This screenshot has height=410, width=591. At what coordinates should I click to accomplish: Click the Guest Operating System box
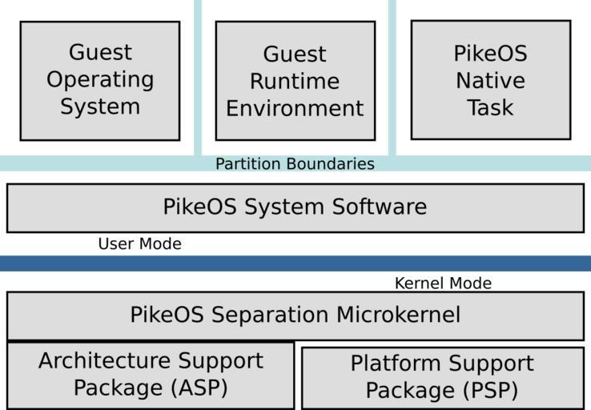pyautogui.click(x=99, y=80)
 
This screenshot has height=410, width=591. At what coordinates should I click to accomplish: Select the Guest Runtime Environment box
pyautogui.click(x=295, y=80)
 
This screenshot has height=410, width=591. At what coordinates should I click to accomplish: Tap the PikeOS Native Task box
pyautogui.click(x=490, y=80)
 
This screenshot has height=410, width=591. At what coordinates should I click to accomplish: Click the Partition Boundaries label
pyautogui.click(x=295, y=164)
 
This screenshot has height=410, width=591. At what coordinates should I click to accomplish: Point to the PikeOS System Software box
pyautogui.click(x=295, y=207)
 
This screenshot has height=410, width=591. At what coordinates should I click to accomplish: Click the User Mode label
pyautogui.click(x=139, y=243)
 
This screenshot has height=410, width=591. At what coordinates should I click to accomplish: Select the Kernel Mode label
pyautogui.click(x=443, y=283)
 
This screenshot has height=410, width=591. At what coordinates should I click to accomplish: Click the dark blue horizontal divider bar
pyautogui.click(x=295, y=263)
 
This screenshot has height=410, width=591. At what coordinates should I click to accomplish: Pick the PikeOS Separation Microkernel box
pyautogui.click(x=295, y=316)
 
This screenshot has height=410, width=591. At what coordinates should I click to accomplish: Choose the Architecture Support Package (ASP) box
pyautogui.click(x=151, y=375)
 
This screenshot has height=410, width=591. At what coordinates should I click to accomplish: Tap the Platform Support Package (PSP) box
pyautogui.click(x=442, y=377)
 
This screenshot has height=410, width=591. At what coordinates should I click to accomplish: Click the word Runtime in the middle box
pyautogui.click(x=295, y=81)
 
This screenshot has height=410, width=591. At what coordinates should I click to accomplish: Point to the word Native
pyautogui.click(x=490, y=81)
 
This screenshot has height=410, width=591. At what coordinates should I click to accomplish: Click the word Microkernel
pyautogui.click(x=398, y=316)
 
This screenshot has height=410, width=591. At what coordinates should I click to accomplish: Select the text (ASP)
pyautogui.click(x=189, y=388)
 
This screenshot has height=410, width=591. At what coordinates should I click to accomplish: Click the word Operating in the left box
pyautogui.click(x=100, y=80)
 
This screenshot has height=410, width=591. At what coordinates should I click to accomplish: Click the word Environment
pyautogui.click(x=295, y=108)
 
